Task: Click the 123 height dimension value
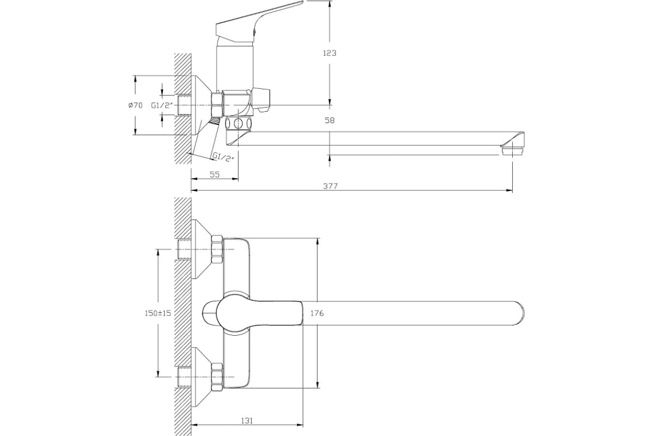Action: [329, 53]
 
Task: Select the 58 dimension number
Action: [329, 120]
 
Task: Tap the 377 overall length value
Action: [330, 186]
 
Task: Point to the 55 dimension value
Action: [215, 174]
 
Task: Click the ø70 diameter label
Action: [136, 105]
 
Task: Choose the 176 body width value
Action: [317, 313]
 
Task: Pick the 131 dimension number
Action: [247, 421]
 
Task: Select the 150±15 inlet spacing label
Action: [158, 313]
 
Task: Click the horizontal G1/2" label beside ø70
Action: [162, 105]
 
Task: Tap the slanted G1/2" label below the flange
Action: [223, 157]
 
